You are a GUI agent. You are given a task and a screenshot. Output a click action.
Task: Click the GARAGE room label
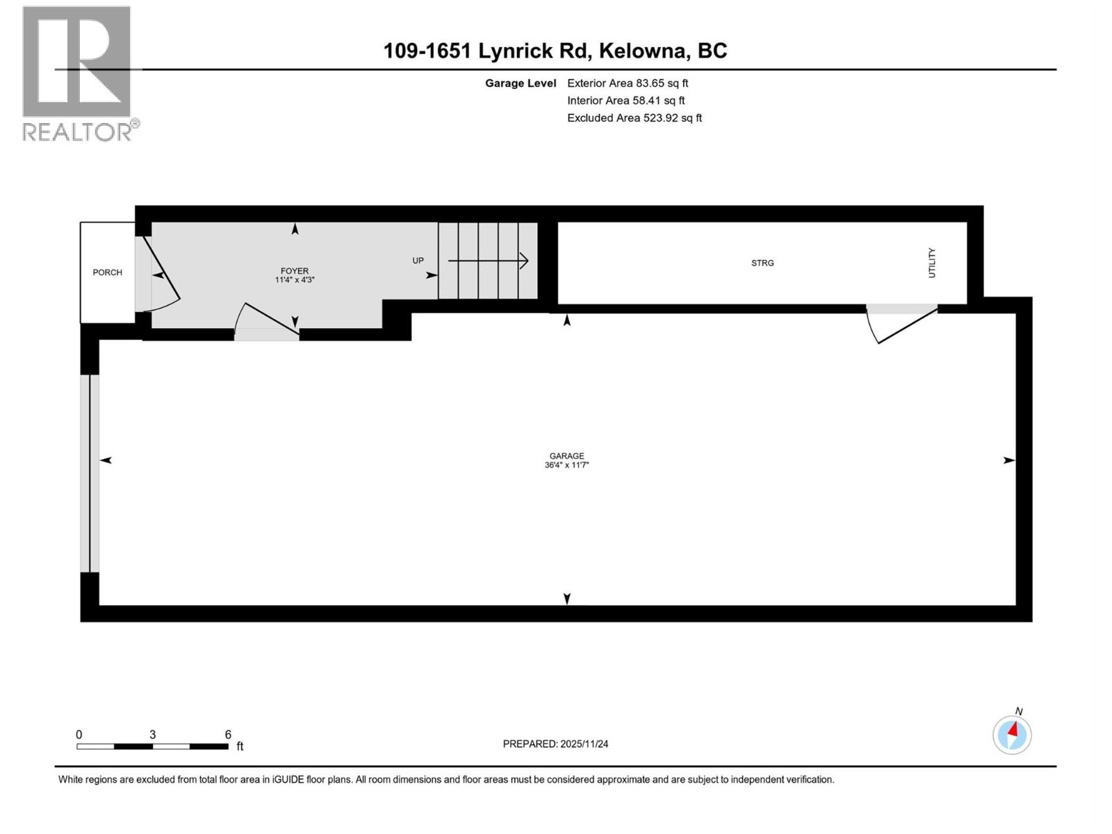click(566, 456)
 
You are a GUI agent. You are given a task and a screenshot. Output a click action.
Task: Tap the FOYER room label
click(295, 271)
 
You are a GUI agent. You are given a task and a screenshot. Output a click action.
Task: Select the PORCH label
click(107, 272)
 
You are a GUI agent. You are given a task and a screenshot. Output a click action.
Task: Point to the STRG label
click(762, 263)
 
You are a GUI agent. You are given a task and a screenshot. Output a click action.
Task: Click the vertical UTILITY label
click(932, 263)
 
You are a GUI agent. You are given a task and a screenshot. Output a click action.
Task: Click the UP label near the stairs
click(418, 261)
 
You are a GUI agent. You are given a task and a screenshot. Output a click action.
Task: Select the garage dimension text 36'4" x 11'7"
click(566, 465)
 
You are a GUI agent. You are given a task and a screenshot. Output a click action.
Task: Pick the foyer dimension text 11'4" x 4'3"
click(295, 280)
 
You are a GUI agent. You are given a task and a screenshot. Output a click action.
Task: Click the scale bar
click(152, 746)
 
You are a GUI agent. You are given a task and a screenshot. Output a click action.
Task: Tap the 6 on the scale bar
click(228, 735)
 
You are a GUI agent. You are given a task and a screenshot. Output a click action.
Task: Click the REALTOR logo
click(77, 73)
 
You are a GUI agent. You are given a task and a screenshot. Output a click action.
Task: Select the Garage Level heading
click(521, 83)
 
